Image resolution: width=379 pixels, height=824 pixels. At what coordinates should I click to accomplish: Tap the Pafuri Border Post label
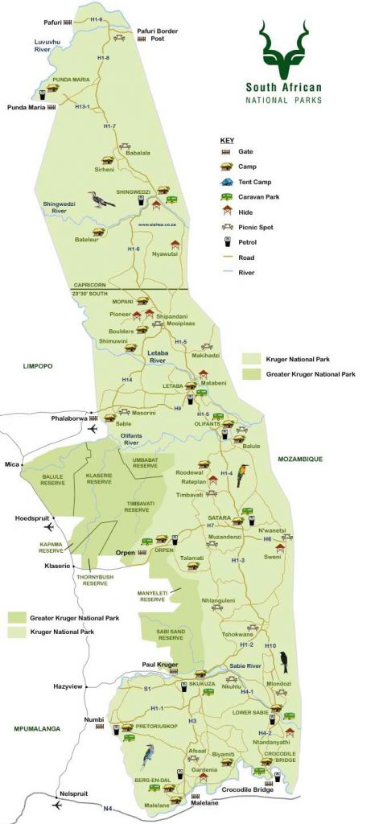(x=158, y=35)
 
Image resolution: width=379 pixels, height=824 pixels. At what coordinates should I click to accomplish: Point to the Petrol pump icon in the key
(x=227, y=241)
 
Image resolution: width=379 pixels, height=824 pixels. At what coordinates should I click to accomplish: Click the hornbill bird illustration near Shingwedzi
(x=101, y=199)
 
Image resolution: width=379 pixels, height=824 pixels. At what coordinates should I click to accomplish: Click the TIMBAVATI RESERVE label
(x=137, y=506)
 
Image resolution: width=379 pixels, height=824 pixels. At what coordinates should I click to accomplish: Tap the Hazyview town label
(x=68, y=686)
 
